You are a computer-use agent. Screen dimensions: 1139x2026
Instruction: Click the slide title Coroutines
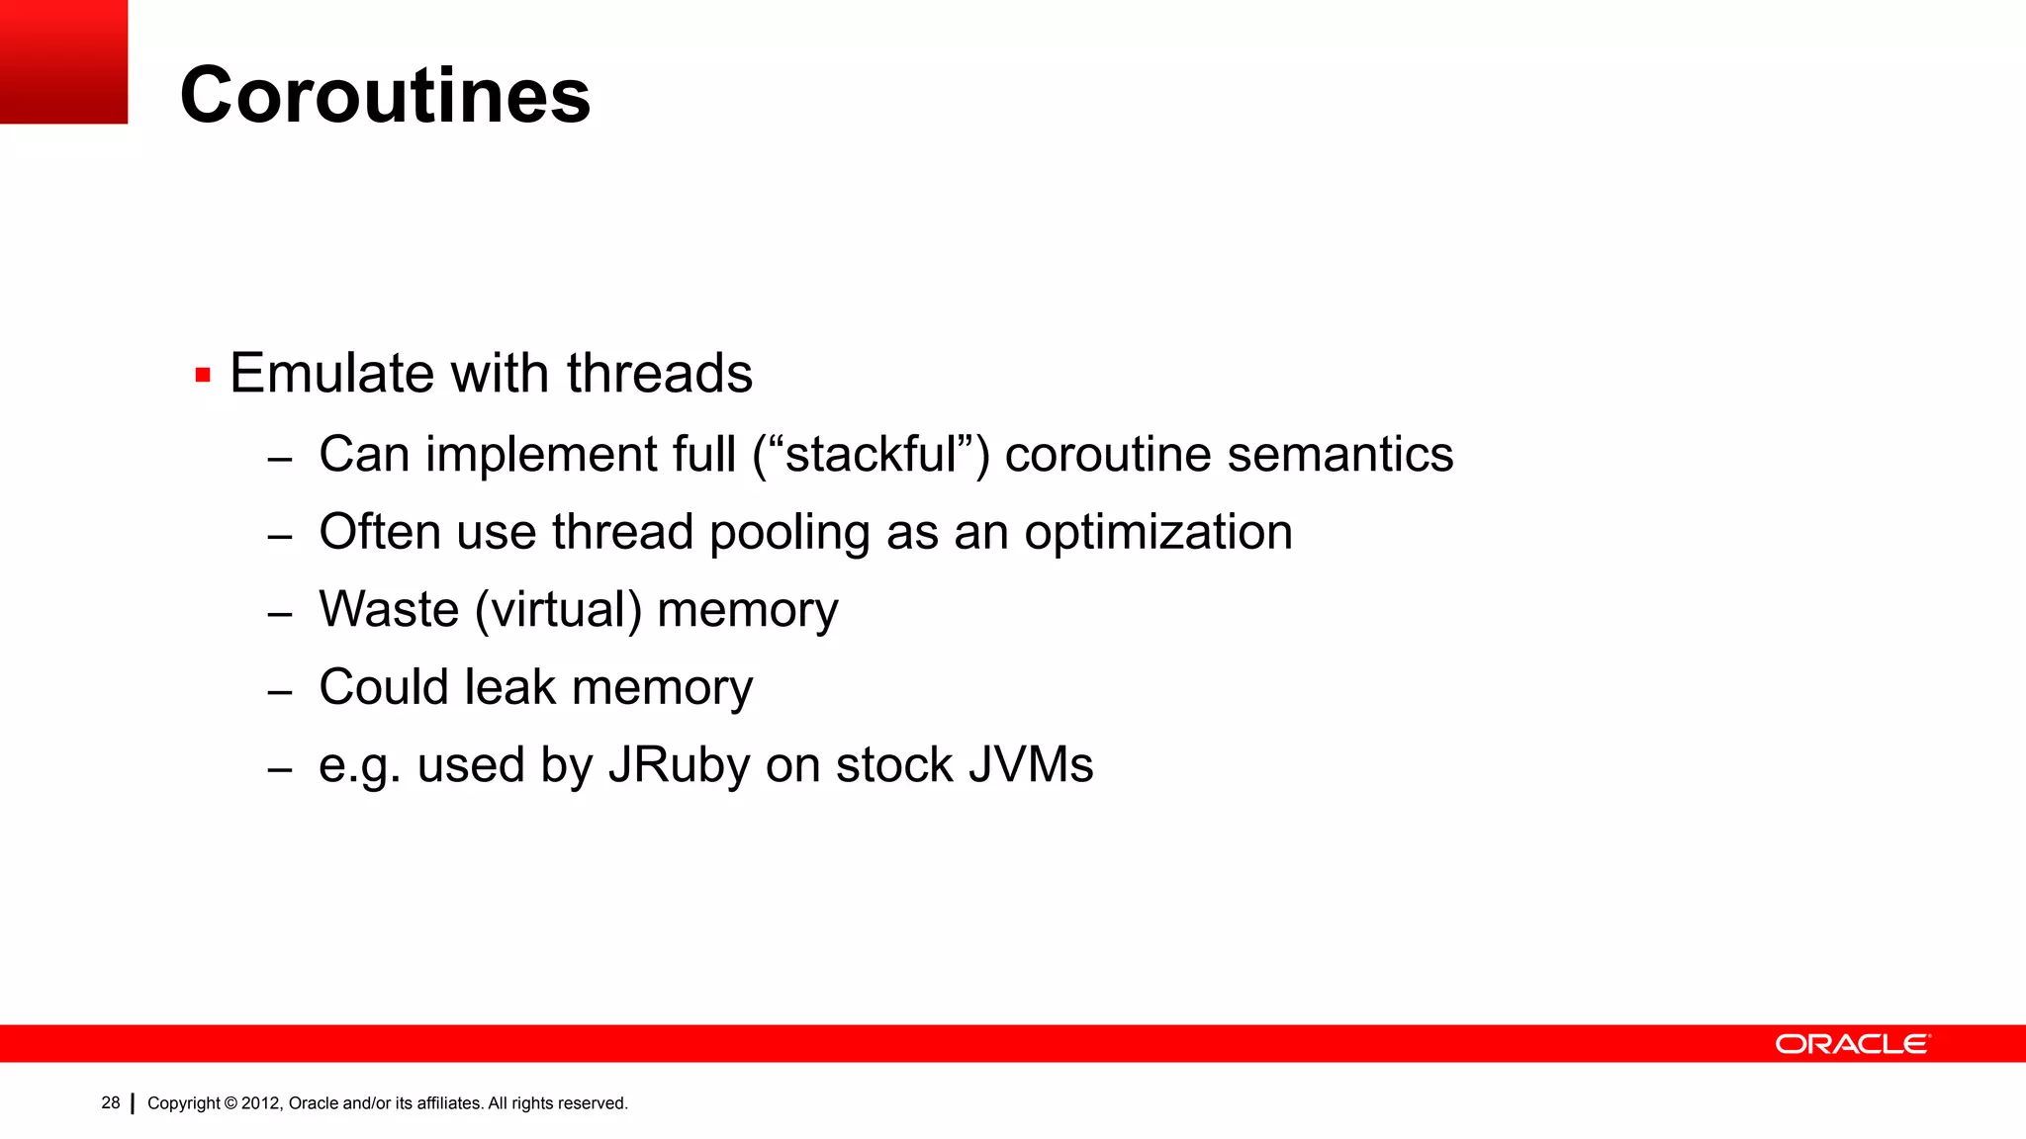[385, 95]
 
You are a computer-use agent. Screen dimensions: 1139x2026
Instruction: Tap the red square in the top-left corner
[63, 61]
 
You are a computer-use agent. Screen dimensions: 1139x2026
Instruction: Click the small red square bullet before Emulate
[203, 376]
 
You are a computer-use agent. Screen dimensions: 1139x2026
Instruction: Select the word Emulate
[332, 374]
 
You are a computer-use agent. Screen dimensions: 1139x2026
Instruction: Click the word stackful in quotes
[872, 455]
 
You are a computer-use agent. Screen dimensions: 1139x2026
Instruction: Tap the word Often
[379, 532]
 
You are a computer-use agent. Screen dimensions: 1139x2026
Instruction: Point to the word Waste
[389, 609]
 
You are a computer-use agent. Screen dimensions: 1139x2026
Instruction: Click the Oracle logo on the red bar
[1852, 1044]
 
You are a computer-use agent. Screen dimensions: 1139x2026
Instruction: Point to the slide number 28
[111, 1102]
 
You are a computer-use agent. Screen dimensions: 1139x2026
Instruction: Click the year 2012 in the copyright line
[261, 1103]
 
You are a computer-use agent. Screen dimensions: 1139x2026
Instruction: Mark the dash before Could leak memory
[280, 691]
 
